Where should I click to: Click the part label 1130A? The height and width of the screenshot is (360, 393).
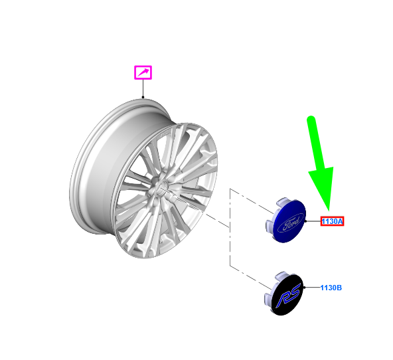[332, 221]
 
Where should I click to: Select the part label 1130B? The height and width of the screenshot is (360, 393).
[331, 288]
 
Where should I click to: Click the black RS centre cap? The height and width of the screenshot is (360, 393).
[285, 294]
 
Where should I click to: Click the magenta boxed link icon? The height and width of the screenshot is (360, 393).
[143, 72]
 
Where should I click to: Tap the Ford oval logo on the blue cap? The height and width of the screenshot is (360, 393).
[291, 222]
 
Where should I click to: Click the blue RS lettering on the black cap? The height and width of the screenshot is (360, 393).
[287, 296]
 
